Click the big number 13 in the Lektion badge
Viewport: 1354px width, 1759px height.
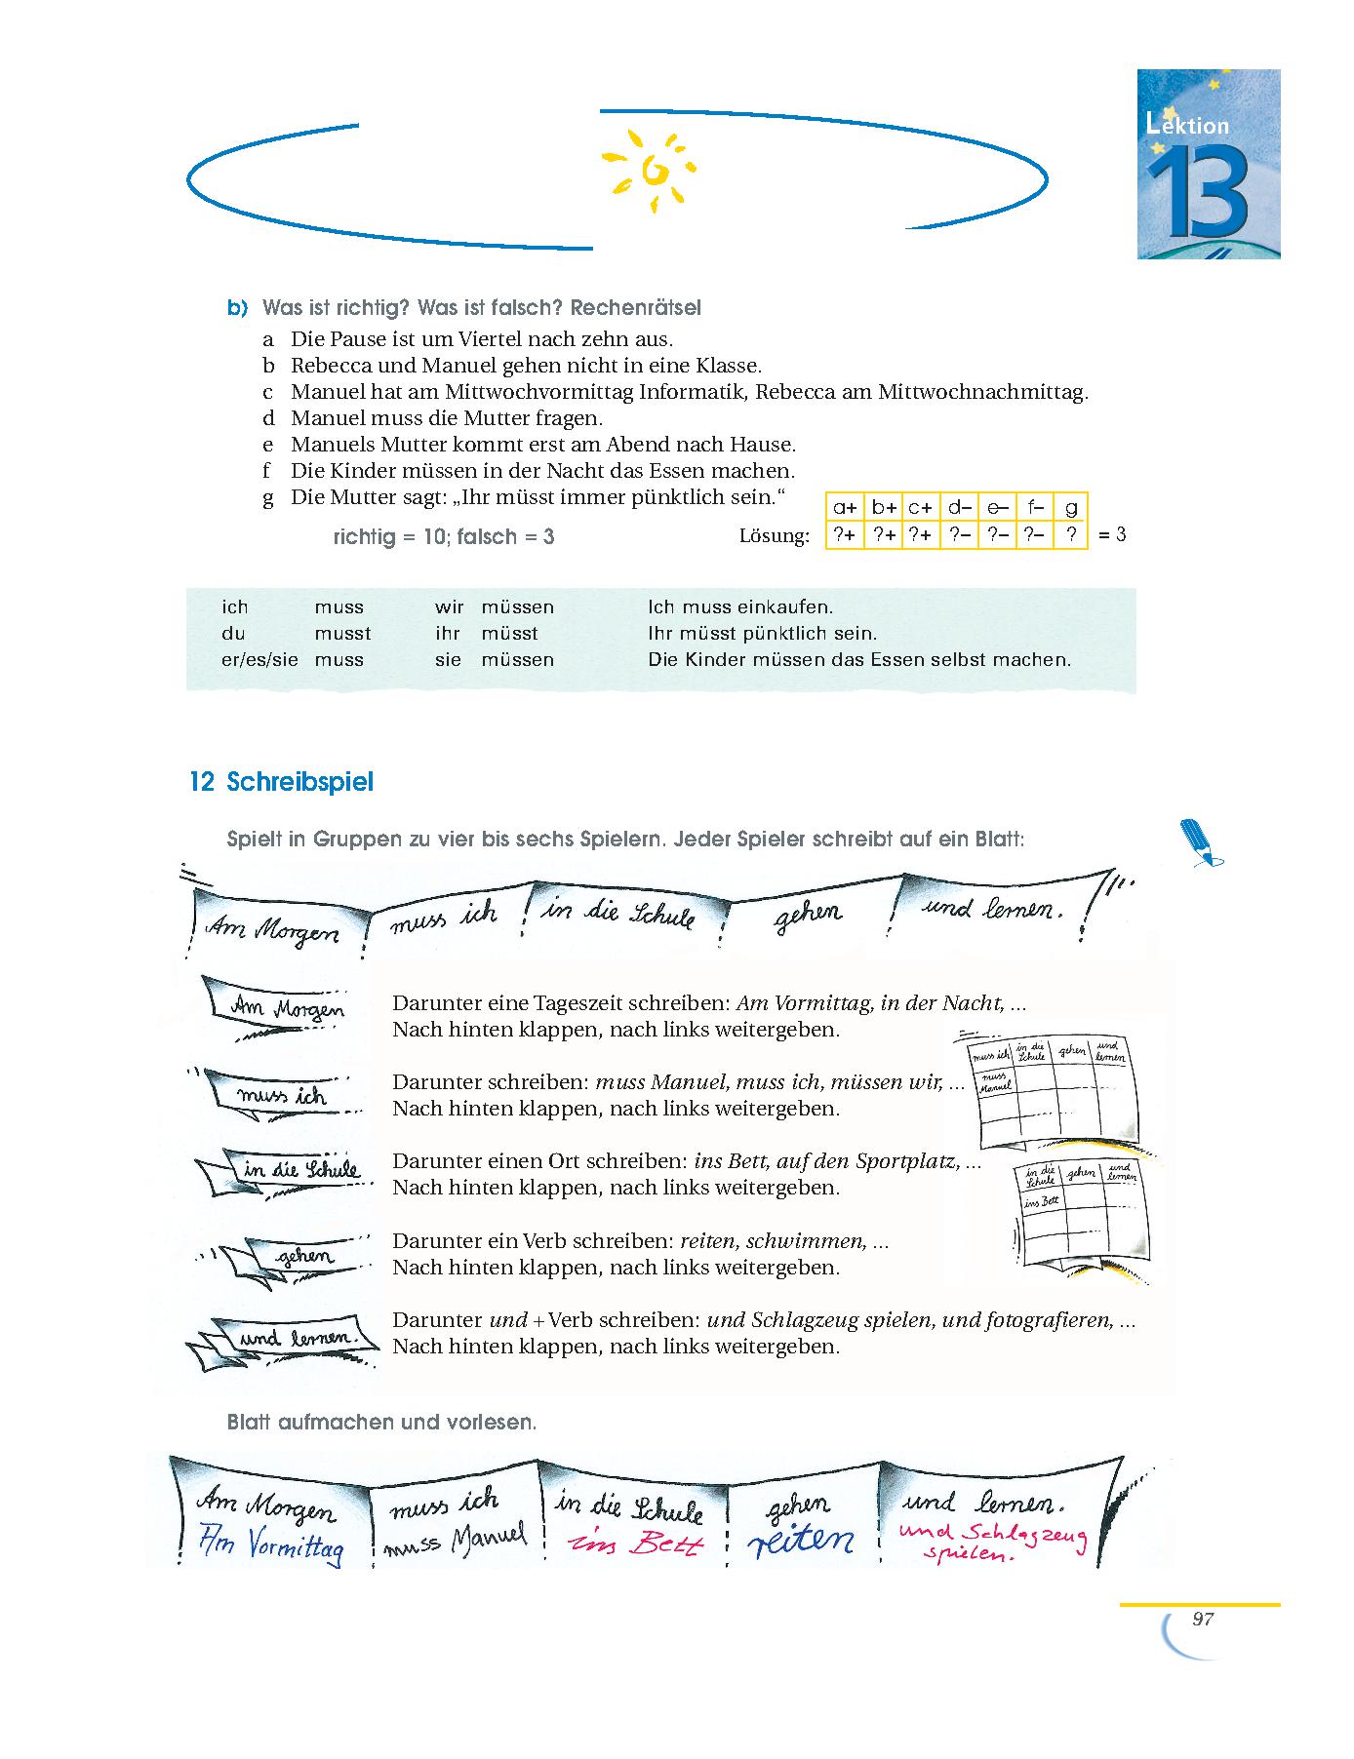[1197, 192]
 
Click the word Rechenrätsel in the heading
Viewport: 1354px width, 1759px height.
[635, 308]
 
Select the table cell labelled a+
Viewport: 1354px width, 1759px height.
[845, 507]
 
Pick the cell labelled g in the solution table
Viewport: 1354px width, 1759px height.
[1071, 507]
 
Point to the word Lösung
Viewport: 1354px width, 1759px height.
[774, 536]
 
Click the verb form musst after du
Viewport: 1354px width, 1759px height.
[342, 634]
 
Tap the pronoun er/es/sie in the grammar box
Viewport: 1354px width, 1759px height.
[259, 660]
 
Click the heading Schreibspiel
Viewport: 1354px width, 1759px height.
[299, 783]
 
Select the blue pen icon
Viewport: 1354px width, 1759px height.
[1200, 841]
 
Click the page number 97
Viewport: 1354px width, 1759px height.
[1202, 1620]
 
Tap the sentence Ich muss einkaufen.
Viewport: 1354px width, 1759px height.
[740, 607]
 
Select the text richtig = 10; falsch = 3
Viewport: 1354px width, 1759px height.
[444, 536]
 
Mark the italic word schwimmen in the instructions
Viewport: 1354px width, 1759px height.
[817, 1241]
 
